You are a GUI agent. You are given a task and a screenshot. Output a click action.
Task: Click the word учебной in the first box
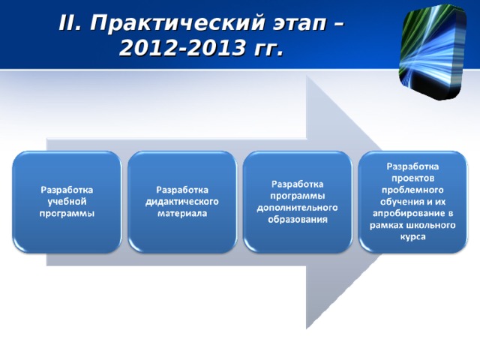tap(67, 201)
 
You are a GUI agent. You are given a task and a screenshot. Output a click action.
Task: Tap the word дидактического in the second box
tap(182, 201)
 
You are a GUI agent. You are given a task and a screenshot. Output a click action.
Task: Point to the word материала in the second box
tap(182, 213)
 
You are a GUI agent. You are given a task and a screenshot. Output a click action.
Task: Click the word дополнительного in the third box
tap(298, 207)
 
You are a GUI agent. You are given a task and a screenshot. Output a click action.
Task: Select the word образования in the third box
tap(298, 219)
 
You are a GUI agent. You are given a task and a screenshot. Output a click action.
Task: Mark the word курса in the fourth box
tap(413, 237)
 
